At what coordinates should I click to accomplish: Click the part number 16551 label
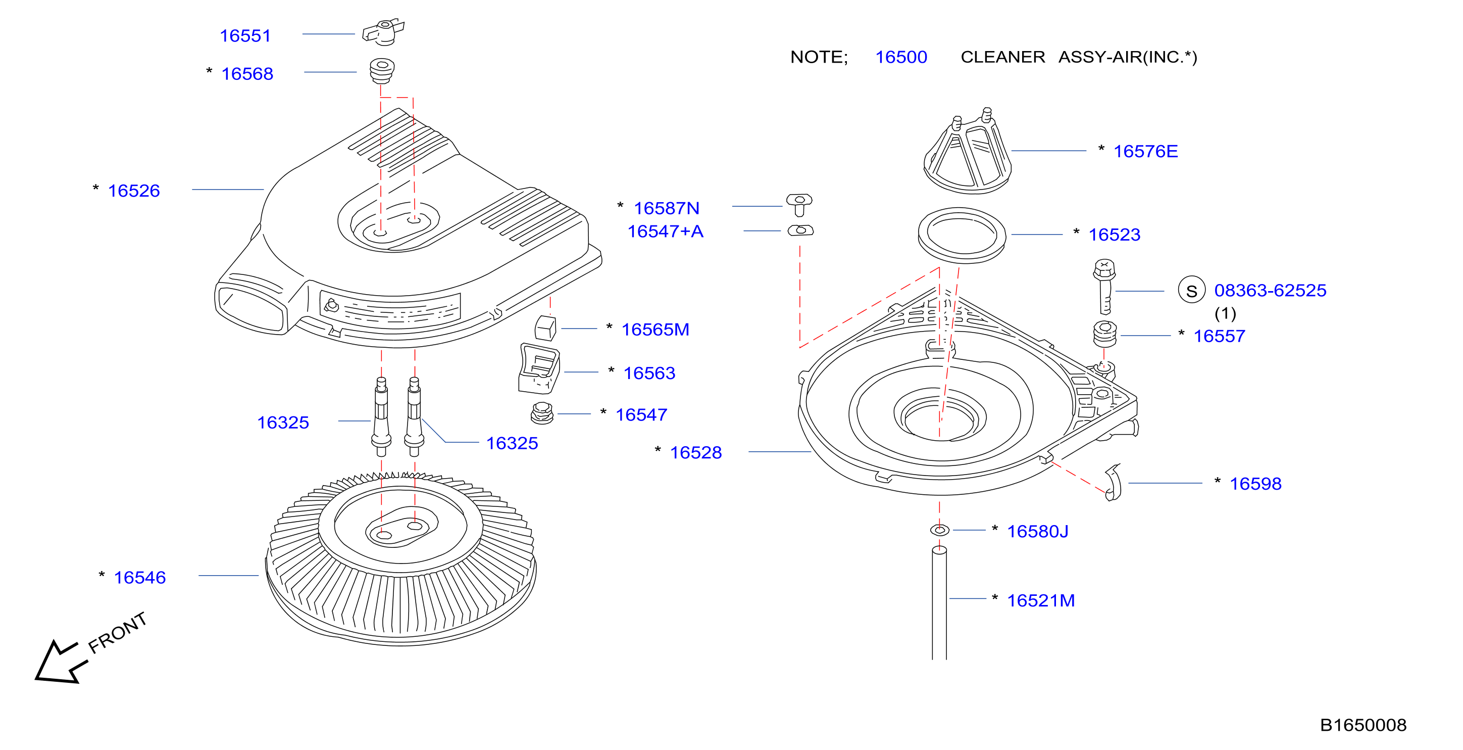pos(245,36)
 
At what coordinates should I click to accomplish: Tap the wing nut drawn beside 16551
pos(383,32)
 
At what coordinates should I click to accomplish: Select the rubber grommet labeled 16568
pos(382,70)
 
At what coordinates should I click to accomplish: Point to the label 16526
pos(134,191)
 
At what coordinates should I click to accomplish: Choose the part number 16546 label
pos(140,578)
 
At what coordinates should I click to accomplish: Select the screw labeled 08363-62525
pos(1104,287)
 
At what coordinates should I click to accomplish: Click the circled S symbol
pos(1191,290)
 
